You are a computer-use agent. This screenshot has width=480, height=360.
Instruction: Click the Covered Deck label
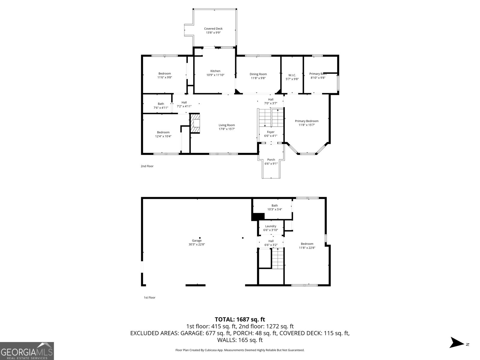click(213, 29)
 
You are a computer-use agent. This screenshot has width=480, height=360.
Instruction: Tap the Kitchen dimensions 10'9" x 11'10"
click(215, 75)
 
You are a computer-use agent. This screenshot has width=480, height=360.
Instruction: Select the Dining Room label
click(258, 74)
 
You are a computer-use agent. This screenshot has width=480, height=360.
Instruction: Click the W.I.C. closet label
click(292, 75)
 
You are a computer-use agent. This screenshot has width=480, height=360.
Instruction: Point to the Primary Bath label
click(318, 74)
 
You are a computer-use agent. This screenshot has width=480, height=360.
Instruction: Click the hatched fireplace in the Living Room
click(195, 123)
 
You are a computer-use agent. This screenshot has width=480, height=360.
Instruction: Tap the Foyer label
click(271, 132)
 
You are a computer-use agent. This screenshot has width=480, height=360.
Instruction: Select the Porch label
click(271, 160)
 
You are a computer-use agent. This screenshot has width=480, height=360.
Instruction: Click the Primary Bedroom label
click(307, 121)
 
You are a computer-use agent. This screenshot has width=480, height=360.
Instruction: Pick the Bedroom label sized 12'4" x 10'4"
click(163, 132)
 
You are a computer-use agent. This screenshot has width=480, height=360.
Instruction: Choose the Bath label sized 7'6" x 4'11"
click(161, 104)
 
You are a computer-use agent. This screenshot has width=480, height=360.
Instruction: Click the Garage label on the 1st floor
click(197, 241)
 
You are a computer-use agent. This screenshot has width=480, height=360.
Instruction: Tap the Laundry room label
click(271, 226)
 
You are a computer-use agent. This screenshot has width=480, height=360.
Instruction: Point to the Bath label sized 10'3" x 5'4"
click(274, 205)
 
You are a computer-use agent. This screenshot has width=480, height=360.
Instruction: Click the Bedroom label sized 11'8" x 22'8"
click(307, 244)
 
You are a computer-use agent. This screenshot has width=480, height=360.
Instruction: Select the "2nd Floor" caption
click(147, 166)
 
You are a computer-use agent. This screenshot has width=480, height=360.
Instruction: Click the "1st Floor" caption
click(149, 298)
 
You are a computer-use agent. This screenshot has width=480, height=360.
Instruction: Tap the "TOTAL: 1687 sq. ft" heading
click(240, 319)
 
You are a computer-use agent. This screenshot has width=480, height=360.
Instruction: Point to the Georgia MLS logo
click(27, 351)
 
